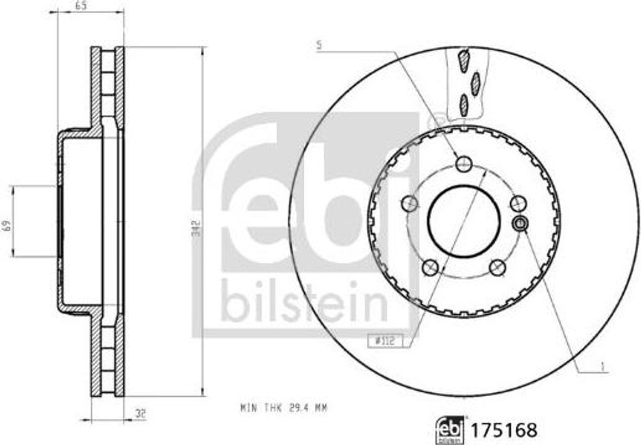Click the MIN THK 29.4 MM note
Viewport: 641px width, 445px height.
pyautogui.click(x=284, y=408)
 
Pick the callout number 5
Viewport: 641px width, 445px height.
pyautogui.click(x=320, y=46)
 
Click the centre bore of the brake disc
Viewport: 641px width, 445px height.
pyautogui.click(x=464, y=220)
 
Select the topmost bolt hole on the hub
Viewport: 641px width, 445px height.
pyautogui.click(x=463, y=165)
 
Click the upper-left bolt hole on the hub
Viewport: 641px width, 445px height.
pyautogui.click(x=409, y=203)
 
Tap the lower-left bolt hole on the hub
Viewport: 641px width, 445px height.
pyautogui.click(x=429, y=268)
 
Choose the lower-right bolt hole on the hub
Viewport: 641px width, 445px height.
pyautogui.click(x=498, y=268)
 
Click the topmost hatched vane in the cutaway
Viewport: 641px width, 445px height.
pyautogui.click(x=464, y=59)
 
